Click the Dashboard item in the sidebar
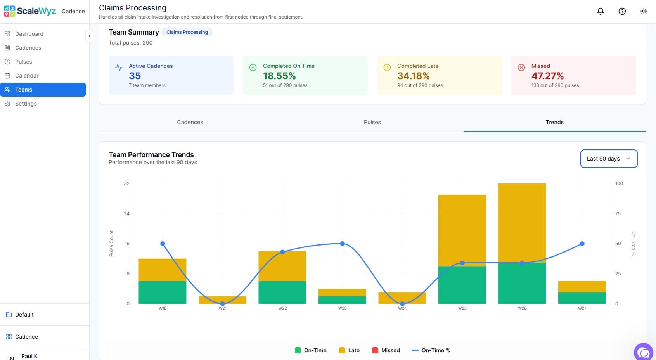tap(29, 34)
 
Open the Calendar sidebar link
tap(27, 76)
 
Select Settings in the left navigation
tap(26, 104)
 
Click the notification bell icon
tap(600, 11)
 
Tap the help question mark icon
tap(622, 11)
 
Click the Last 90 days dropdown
tap(608, 159)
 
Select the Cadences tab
tap(190, 122)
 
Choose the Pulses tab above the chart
tap(372, 122)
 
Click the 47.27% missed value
tap(547, 76)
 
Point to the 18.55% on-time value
tap(279, 76)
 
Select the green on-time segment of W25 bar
tap(462, 285)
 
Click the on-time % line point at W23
tap(342, 244)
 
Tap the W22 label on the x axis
tap(282, 308)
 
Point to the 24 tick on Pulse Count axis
tap(126, 214)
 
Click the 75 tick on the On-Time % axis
tap(618, 214)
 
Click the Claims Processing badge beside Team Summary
tap(187, 32)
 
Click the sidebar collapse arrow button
tap(89, 36)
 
